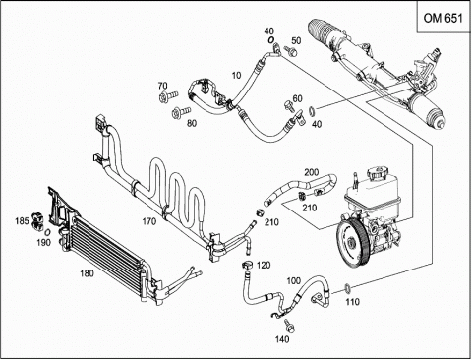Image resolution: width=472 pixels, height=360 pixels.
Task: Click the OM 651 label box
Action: (443, 17)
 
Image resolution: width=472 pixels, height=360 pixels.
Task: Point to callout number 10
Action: (236, 76)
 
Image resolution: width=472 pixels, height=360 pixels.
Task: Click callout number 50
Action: (296, 40)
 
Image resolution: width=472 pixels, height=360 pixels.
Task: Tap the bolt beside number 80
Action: (181, 112)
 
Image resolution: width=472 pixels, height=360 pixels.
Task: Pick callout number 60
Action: (297, 98)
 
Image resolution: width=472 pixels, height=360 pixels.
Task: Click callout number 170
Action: (149, 222)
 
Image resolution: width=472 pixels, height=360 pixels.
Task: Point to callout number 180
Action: (87, 273)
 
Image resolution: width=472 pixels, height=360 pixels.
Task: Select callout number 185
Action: (22, 221)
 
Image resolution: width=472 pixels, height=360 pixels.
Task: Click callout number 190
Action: (43, 242)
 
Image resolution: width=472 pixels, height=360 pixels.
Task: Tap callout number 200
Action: (312, 172)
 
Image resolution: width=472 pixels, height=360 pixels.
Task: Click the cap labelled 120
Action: (247, 265)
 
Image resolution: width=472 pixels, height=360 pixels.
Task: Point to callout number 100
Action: (294, 281)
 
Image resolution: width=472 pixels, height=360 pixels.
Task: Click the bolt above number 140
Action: (289, 326)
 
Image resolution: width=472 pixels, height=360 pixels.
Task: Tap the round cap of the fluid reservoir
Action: (378, 172)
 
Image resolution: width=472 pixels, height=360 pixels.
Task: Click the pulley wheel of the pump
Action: (353, 242)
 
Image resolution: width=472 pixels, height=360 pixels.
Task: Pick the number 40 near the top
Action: (268, 31)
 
